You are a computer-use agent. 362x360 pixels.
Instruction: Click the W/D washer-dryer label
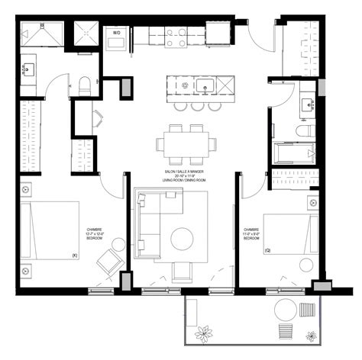pos(117,33)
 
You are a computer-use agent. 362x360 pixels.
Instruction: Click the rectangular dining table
pos(184,143)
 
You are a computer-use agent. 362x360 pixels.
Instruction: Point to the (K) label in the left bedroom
pos(74,256)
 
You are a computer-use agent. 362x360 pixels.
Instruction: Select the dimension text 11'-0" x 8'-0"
pos(252,233)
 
